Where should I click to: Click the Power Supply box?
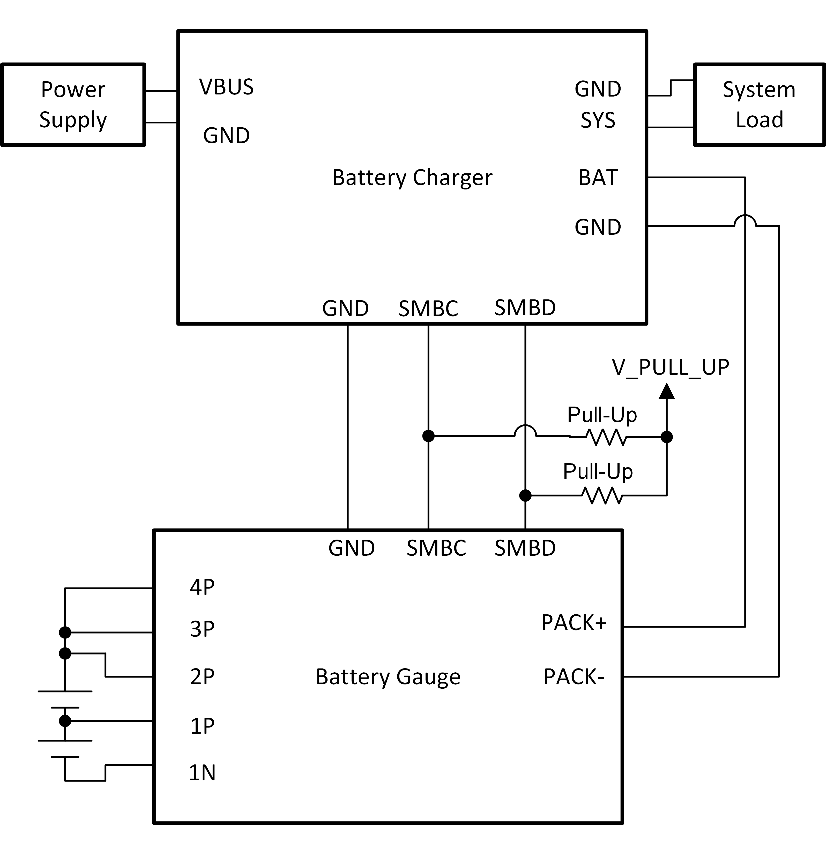click(x=73, y=105)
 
